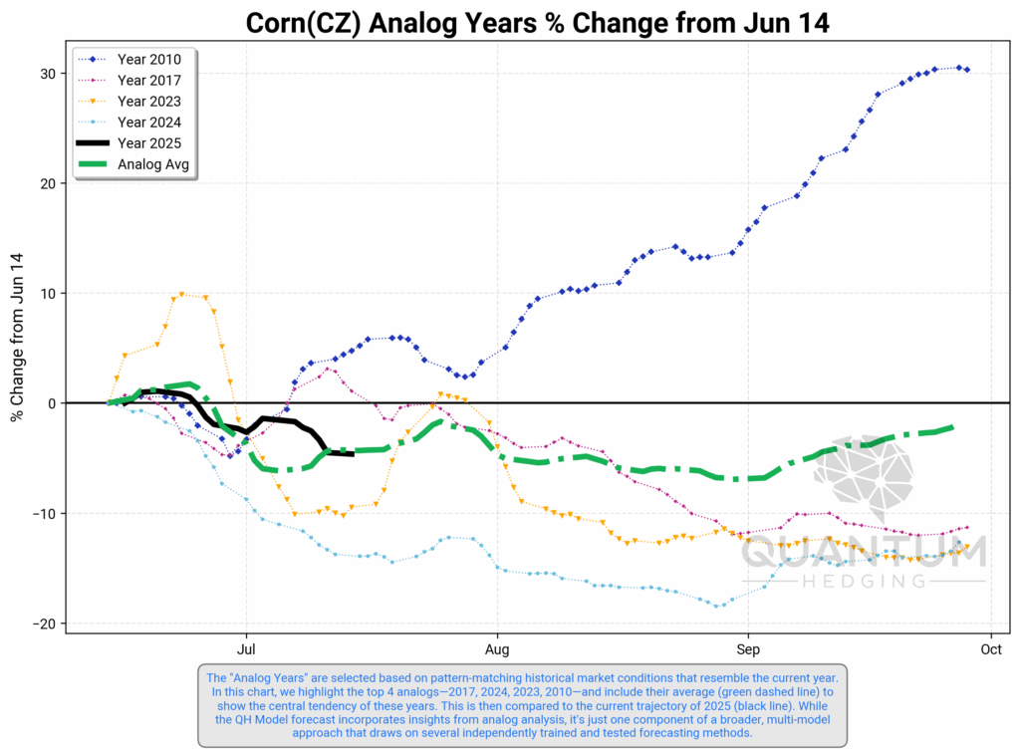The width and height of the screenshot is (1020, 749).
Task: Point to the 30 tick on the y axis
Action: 48,74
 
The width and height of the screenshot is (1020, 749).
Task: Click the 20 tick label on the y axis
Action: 48,183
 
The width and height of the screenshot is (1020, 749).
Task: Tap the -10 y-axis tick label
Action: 44,514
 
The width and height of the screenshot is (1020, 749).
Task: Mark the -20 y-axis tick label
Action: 44,624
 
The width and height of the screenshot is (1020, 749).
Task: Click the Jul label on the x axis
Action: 245,650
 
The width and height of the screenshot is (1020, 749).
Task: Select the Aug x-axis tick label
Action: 496,650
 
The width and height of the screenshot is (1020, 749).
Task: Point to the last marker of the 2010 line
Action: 967,70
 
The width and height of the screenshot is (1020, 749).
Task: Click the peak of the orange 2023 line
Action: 181,294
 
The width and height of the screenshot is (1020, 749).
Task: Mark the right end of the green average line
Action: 952,426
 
